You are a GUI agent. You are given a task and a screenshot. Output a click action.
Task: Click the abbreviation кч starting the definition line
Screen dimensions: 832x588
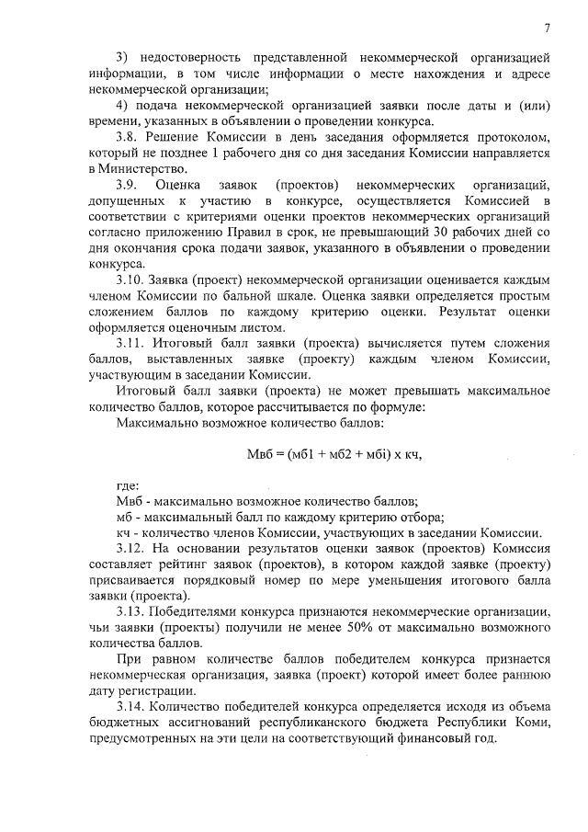pos(123,532)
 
